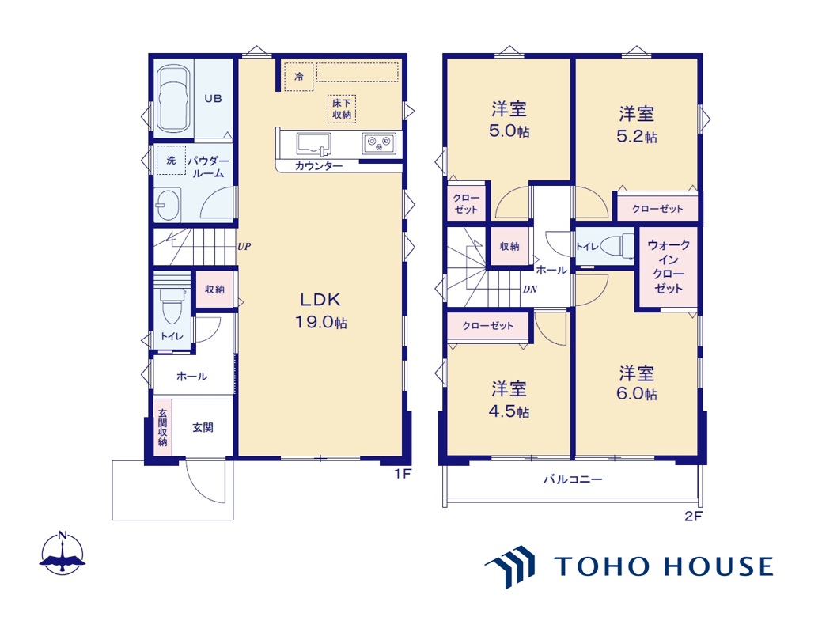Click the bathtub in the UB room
tap(173, 99)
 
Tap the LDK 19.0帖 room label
tap(320, 310)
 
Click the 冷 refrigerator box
tap(299, 77)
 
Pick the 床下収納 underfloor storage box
tap(342, 109)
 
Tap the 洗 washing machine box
tap(171, 160)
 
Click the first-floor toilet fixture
tap(172, 305)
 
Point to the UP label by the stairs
tap(244, 246)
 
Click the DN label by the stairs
tap(530, 289)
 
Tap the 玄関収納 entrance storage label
tap(162, 427)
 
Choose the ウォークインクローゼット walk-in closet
tap(669, 267)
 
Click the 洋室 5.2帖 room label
tap(637, 125)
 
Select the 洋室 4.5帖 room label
tap(509, 399)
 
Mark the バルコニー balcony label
tap(573, 479)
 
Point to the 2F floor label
tap(693, 516)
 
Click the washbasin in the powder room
tap(168, 204)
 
